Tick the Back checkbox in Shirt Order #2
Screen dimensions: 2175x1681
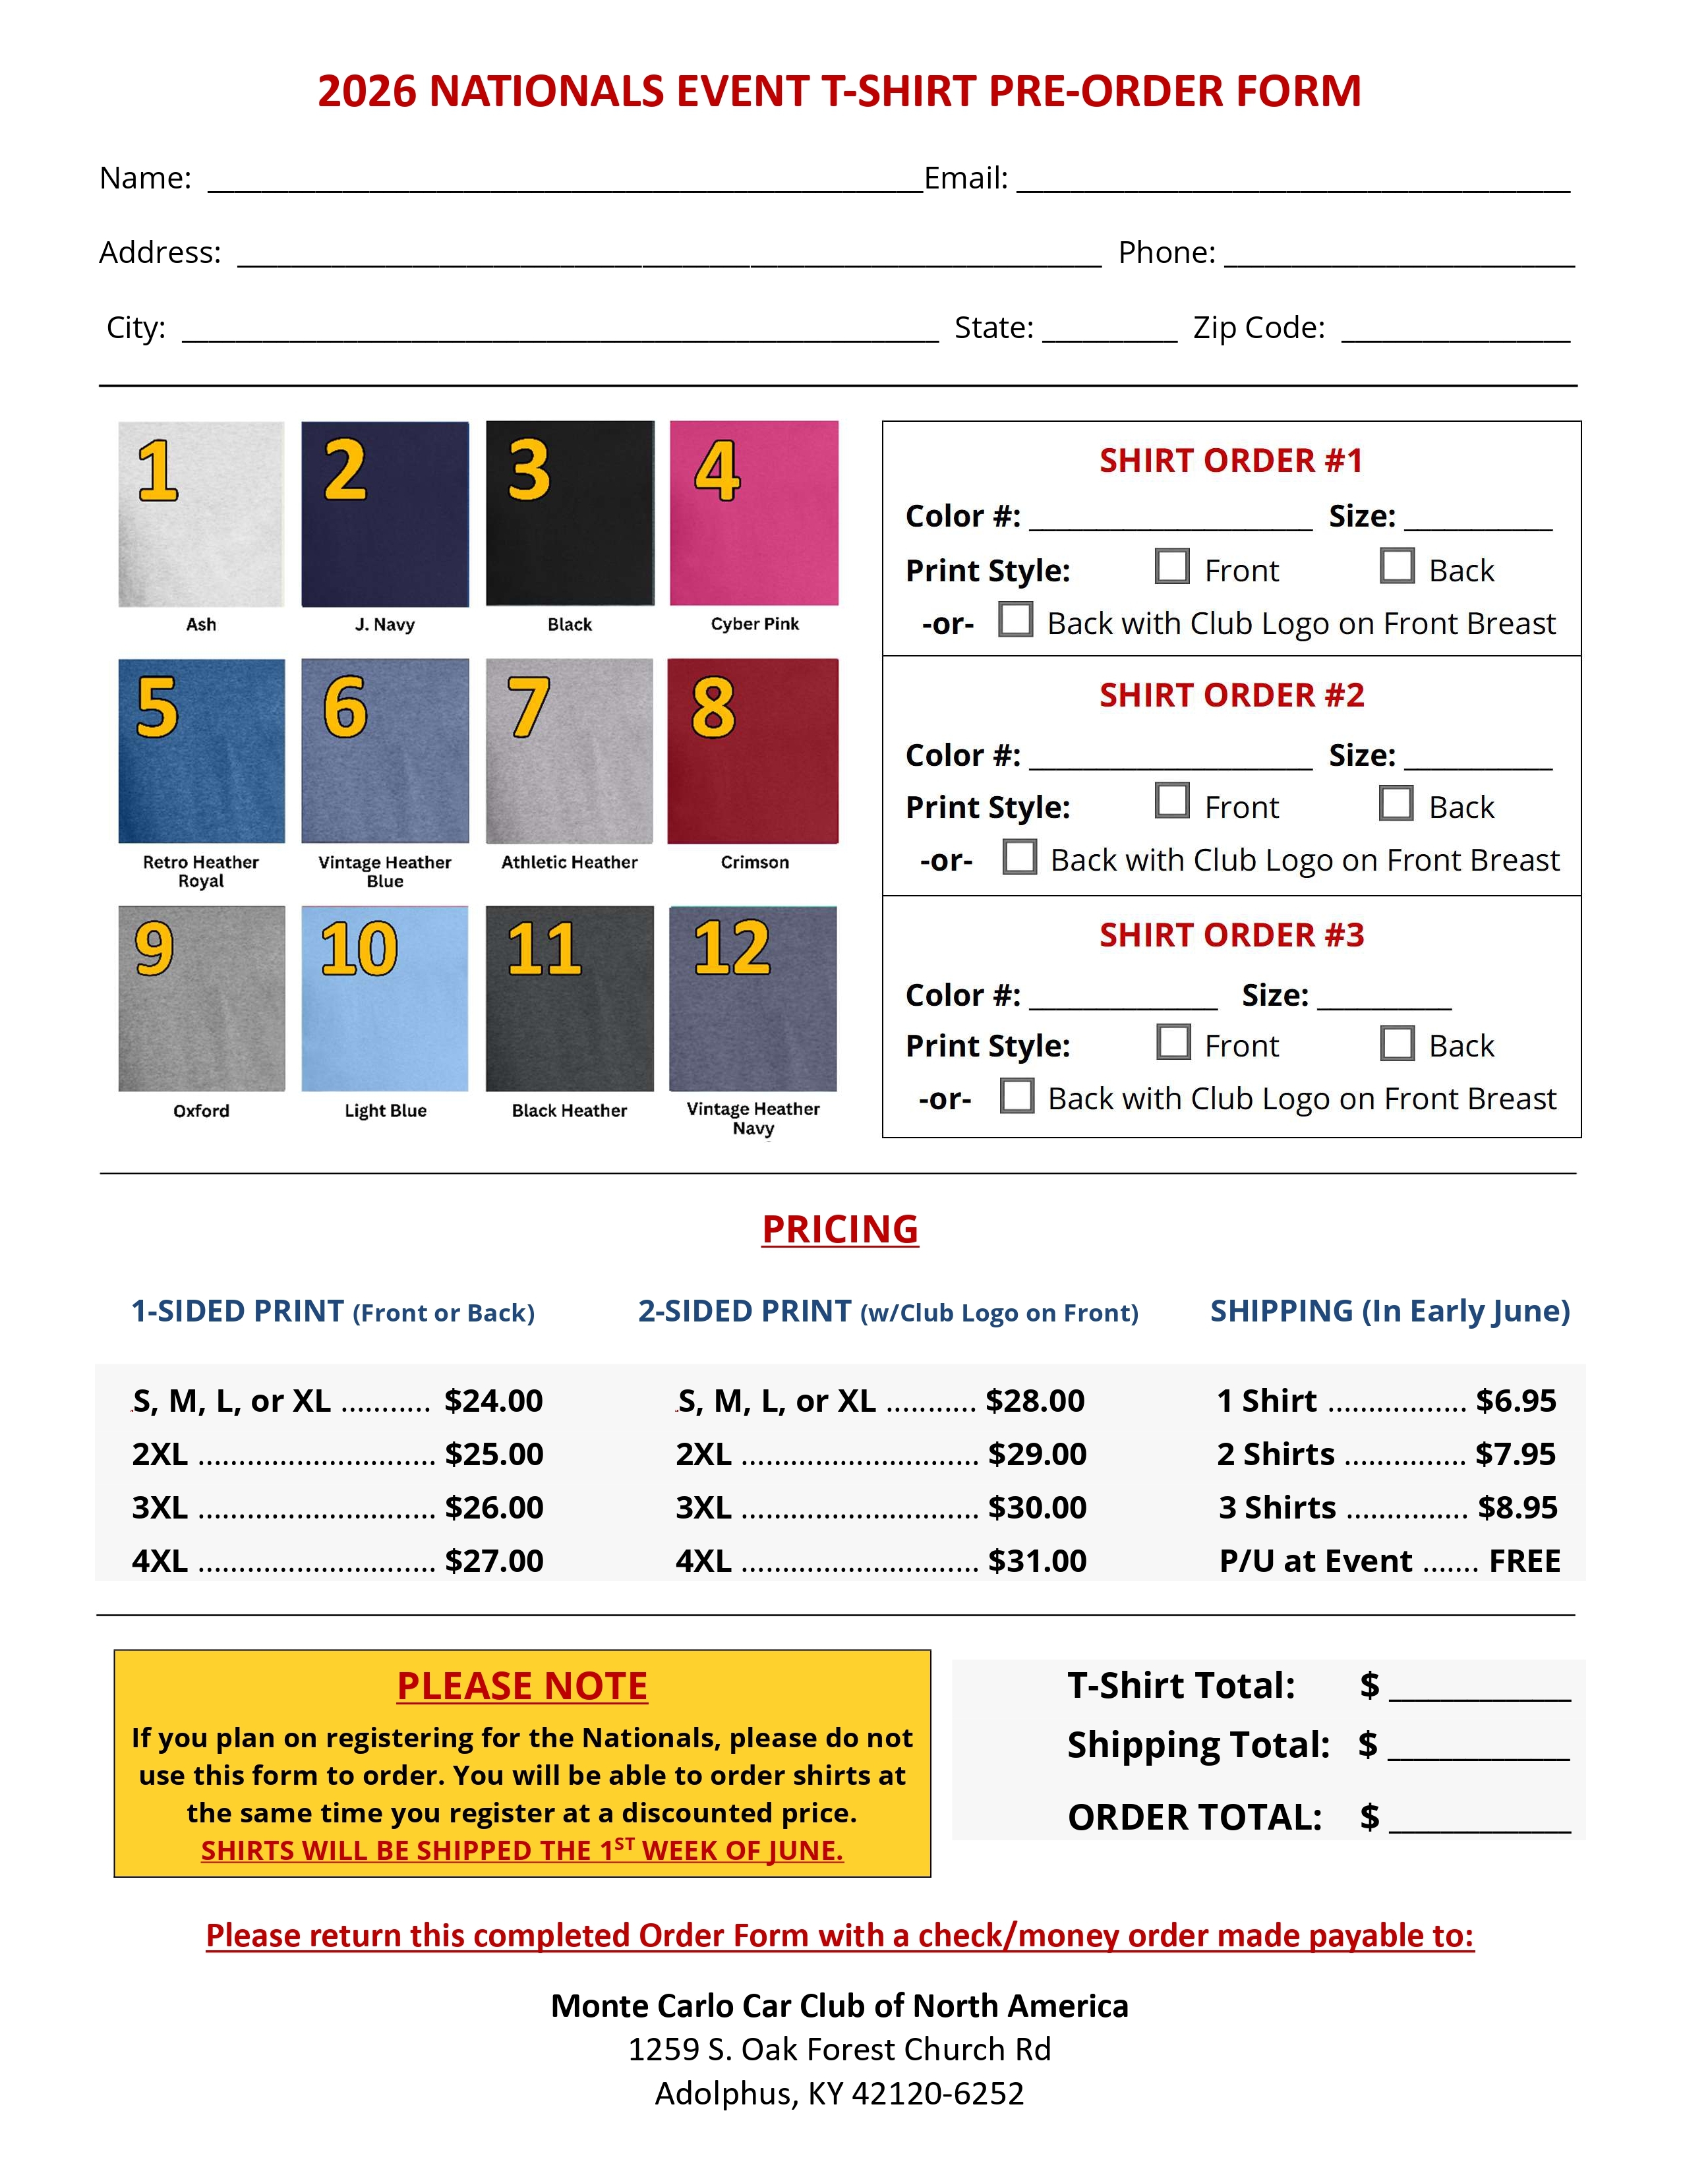(1396, 803)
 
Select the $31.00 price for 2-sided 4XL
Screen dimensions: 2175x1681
(1037, 1561)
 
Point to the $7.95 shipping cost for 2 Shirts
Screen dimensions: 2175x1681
(1515, 1454)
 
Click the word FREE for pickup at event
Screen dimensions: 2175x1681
(1525, 1561)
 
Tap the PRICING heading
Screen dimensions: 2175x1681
(839, 1229)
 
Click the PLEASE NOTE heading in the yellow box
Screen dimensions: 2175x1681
(522, 1686)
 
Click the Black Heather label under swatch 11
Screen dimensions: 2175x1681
(569, 1111)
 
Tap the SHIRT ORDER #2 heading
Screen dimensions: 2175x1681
(1231, 695)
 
